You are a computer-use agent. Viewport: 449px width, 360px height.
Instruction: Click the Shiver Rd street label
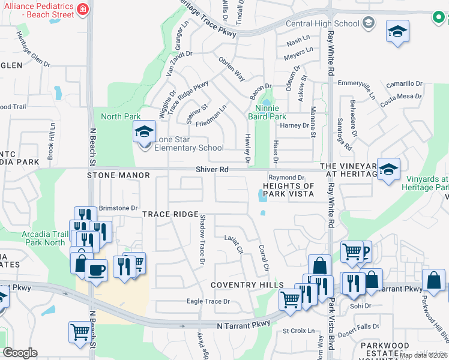[212, 170]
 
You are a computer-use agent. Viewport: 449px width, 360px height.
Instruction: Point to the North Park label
[120, 116]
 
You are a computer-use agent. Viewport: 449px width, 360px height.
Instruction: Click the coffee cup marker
[96, 270]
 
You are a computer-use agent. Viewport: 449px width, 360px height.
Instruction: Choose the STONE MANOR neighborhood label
[117, 175]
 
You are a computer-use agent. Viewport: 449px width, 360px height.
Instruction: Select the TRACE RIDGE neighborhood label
[170, 214]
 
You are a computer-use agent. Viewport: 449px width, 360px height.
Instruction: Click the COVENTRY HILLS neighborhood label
[247, 284]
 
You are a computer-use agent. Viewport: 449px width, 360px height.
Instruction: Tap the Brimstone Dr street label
[118, 208]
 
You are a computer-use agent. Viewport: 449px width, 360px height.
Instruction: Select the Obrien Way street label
[232, 69]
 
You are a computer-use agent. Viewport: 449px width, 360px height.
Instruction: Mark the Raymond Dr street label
[286, 178]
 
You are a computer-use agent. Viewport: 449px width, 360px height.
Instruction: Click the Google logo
[20, 353]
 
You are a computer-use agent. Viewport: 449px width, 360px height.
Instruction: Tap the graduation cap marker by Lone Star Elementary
[144, 131]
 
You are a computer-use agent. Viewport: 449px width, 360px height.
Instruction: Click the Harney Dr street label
[294, 125]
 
